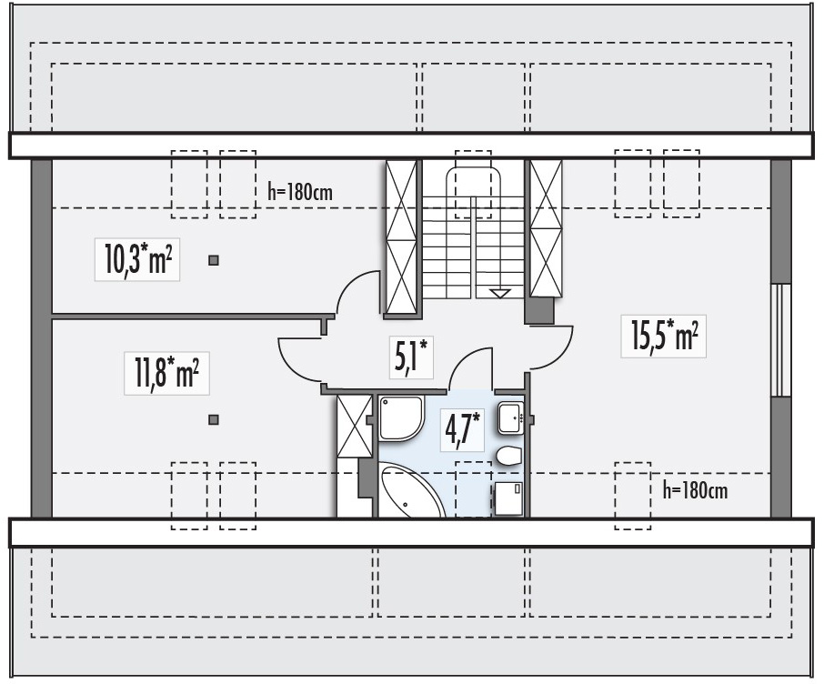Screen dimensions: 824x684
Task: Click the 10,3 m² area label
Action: pos(137,259)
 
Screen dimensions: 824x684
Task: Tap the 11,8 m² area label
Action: pos(166,373)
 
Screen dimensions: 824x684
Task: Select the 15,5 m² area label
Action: pos(664,337)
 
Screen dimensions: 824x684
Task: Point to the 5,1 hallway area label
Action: pos(411,357)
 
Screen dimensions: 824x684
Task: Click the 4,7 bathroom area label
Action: pos(462,430)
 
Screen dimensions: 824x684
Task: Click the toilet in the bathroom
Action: pos(508,457)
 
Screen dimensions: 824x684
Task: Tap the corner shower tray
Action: pos(400,418)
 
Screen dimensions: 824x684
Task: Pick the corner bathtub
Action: pos(410,490)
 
